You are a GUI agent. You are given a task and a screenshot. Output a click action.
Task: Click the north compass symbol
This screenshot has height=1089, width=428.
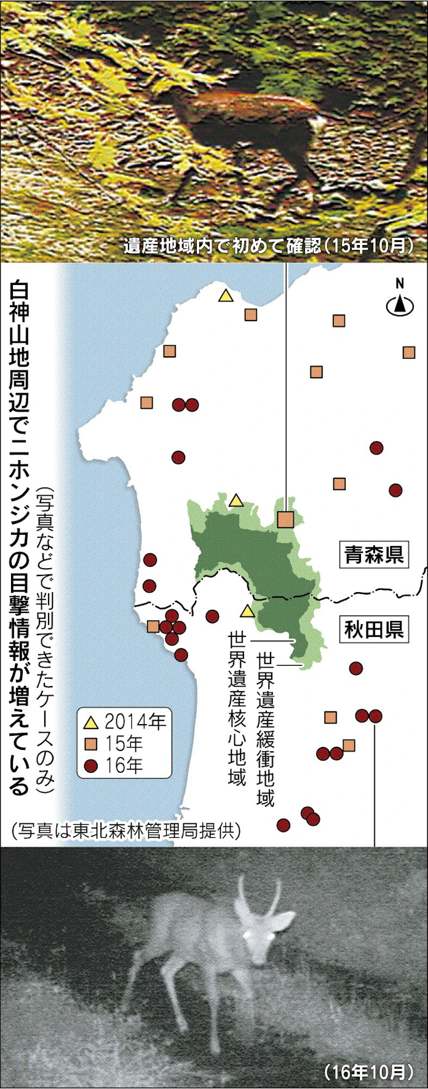(x=400, y=303)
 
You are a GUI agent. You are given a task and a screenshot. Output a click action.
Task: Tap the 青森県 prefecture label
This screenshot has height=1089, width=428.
(x=373, y=555)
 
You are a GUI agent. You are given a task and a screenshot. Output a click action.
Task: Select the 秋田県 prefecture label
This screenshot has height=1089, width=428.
(x=373, y=630)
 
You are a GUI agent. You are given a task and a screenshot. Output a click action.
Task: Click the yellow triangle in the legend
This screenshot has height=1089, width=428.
(x=92, y=722)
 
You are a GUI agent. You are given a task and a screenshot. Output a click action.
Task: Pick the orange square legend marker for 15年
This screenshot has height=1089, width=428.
(x=92, y=744)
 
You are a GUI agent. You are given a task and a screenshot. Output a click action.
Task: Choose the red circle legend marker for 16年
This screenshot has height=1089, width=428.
(x=92, y=766)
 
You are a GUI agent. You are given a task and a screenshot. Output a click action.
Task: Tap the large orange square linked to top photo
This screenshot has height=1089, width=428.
(x=285, y=520)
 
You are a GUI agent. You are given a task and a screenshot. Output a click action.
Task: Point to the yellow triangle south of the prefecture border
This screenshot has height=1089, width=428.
(x=247, y=611)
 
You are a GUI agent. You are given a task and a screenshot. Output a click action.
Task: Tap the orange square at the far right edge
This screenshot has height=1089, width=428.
(x=409, y=352)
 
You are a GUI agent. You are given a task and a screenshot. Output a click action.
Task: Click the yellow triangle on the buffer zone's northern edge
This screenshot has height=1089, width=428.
(x=236, y=501)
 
